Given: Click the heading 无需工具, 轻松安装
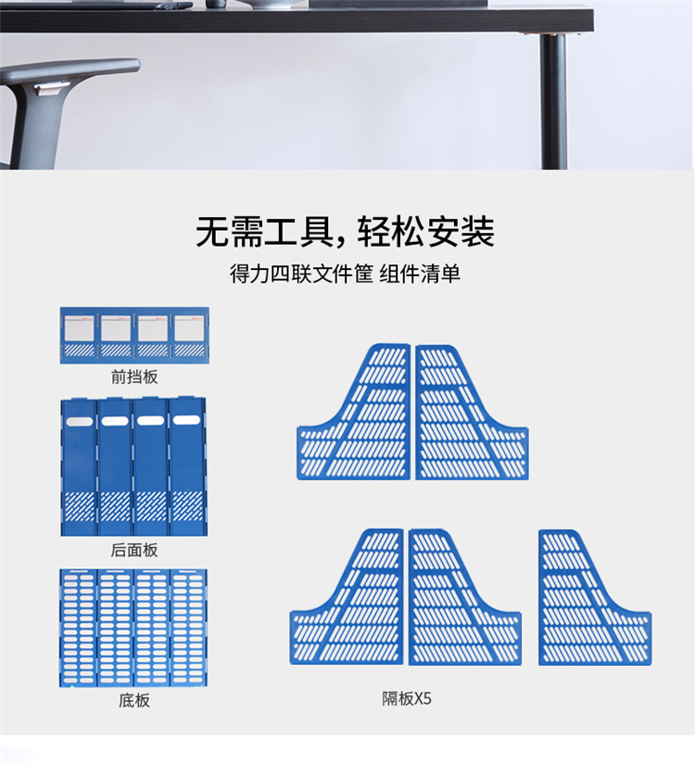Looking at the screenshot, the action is click(x=344, y=232).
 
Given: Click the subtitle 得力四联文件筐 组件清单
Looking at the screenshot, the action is click(x=345, y=275).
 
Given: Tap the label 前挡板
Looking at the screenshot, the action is click(x=134, y=376).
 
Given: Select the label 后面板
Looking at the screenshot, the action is click(x=134, y=550).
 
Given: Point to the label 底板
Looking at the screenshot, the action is click(x=134, y=701).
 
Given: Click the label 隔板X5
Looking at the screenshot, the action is click(x=408, y=699).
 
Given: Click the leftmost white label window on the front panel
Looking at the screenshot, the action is click(x=79, y=327).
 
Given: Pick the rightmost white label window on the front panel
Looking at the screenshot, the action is click(x=189, y=327).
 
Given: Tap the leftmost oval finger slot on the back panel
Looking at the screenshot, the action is click(x=80, y=422).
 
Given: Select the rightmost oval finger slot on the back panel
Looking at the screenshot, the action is click(x=187, y=422).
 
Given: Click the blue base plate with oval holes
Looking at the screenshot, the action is click(x=134, y=628).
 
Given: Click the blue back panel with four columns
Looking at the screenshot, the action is click(x=134, y=468).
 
